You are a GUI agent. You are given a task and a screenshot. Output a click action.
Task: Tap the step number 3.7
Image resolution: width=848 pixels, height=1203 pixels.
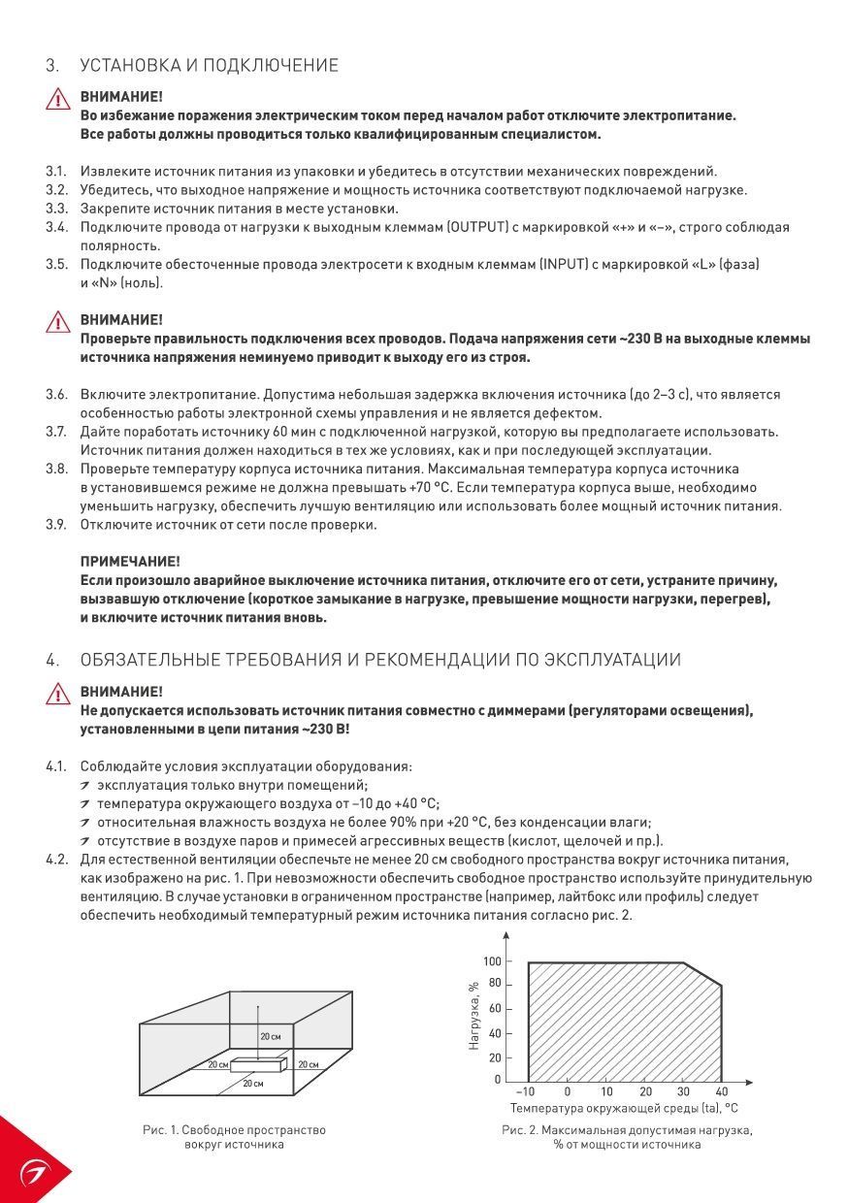pyautogui.click(x=56, y=432)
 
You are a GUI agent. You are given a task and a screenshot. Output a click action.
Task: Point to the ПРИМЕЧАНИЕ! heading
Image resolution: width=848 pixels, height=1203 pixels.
pyautogui.click(x=130, y=562)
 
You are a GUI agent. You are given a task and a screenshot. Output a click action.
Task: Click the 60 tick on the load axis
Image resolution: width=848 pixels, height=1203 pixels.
pyautogui.click(x=495, y=1009)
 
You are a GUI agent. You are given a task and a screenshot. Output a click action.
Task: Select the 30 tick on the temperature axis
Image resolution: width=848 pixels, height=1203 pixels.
pyautogui.click(x=683, y=1091)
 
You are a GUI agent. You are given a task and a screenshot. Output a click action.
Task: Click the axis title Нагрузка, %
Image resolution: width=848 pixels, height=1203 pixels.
pyautogui.click(x=474, y=1016)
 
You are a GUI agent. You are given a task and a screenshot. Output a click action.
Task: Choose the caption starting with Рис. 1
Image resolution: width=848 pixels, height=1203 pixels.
pyautogui.click(x=234, y=1137)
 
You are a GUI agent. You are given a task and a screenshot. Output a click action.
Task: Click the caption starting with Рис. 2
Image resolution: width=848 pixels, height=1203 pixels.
pyautogui.click(x=627, y=1137)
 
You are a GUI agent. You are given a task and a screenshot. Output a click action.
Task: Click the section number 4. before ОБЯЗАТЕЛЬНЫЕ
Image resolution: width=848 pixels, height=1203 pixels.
pyautogui.click(x=52, y=660)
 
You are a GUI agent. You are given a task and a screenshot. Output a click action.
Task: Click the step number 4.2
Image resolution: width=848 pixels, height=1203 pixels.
pyautogui.click(x=56, y=860)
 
